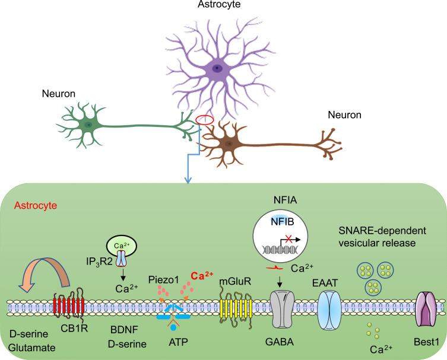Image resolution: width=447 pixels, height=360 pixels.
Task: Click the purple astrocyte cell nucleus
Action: pos(218,69)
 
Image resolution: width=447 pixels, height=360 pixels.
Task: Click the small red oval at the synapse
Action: pos(205,120)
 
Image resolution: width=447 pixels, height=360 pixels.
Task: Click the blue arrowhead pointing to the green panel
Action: pos(188,178)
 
